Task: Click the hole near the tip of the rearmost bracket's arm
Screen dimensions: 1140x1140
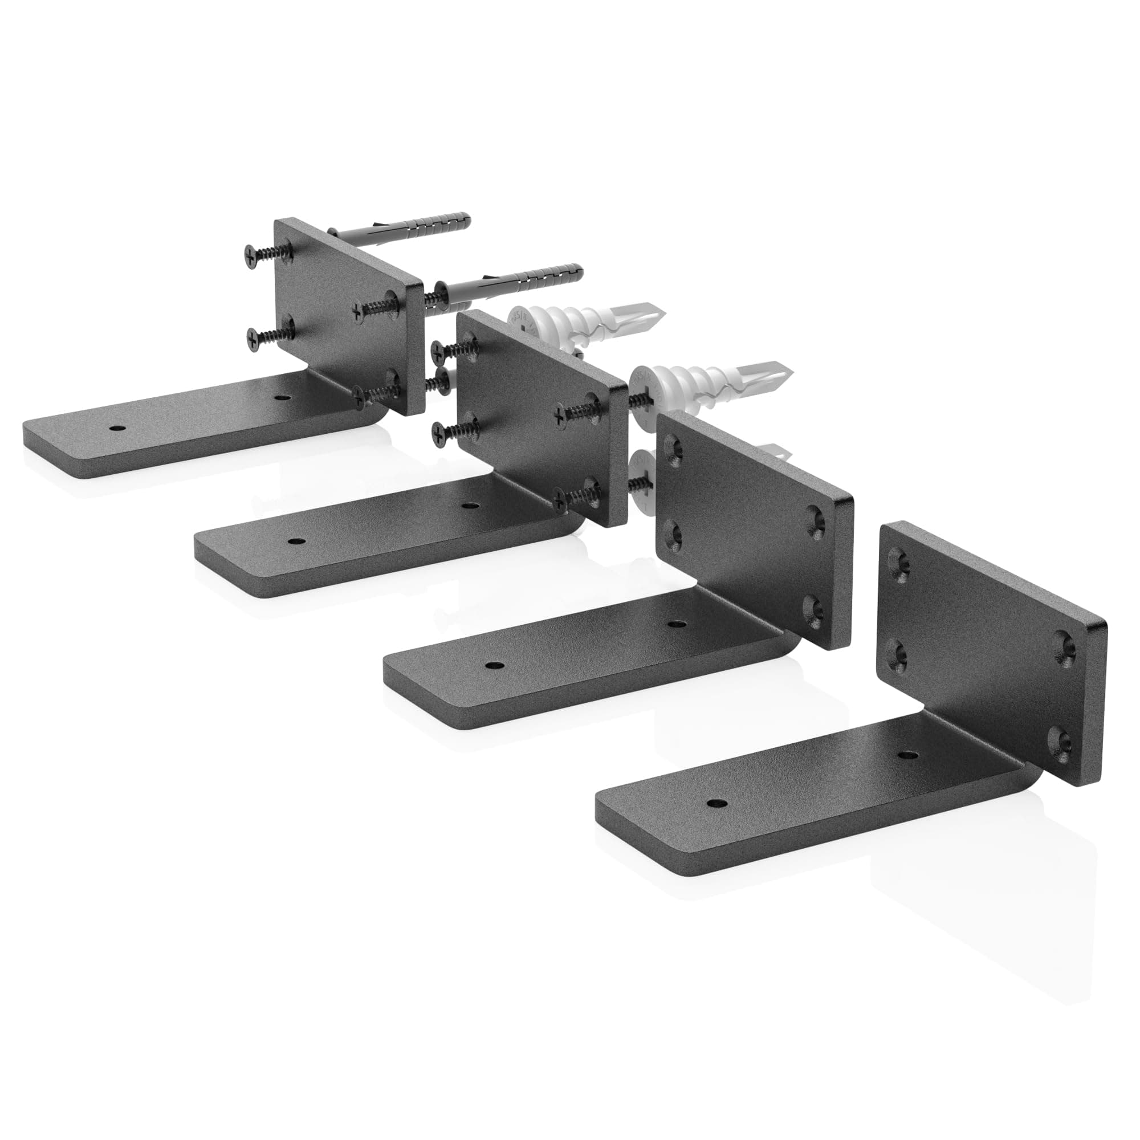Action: [x=117, y=426]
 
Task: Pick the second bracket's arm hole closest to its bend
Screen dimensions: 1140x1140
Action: [x=469, y=505]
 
